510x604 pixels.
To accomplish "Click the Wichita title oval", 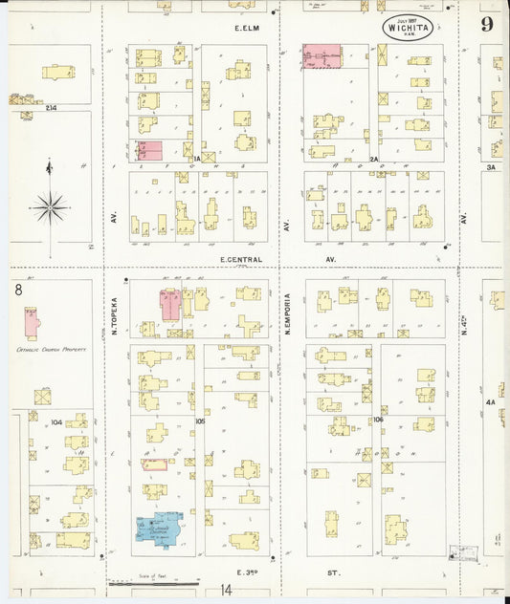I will click(x=408, y=26).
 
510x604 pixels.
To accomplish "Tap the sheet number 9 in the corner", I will click(x=488, y=25).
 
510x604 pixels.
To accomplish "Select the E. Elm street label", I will click(x=248, y=29).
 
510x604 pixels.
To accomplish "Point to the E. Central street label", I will click(x=235, y=258).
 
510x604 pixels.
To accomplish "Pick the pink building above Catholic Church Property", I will click(x=32, y=322).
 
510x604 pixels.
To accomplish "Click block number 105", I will click(x=200, y=420).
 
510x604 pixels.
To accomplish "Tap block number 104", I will click(x=56, y=421).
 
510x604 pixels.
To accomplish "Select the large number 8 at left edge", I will click(x=18, y=289).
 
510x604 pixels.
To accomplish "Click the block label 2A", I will click(x=375, y=160).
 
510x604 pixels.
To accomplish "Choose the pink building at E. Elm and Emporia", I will click(x=322, y=56).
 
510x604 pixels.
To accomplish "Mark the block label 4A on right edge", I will click(x=491, y=402).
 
